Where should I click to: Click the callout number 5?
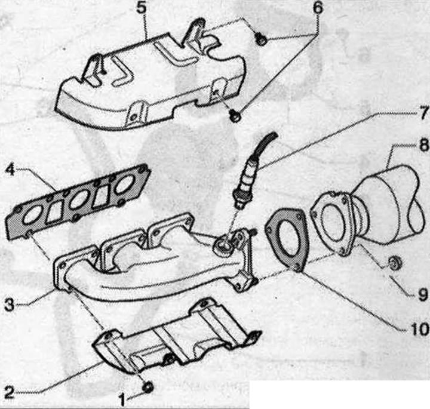coord(141,8)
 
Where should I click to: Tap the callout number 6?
coord(317,8)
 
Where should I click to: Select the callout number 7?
coord(423,113)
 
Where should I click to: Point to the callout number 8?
coord(423,144)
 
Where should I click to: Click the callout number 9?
coord(422,294)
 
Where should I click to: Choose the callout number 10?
coord(419,329)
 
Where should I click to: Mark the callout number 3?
coord(9,305)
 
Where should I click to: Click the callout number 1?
coord(122,399)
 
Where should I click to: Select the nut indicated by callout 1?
coord(148,387)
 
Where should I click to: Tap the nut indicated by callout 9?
coord(395,263)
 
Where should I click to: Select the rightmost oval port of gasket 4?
coord(125,184)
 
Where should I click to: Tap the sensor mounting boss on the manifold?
coord(223,246)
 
